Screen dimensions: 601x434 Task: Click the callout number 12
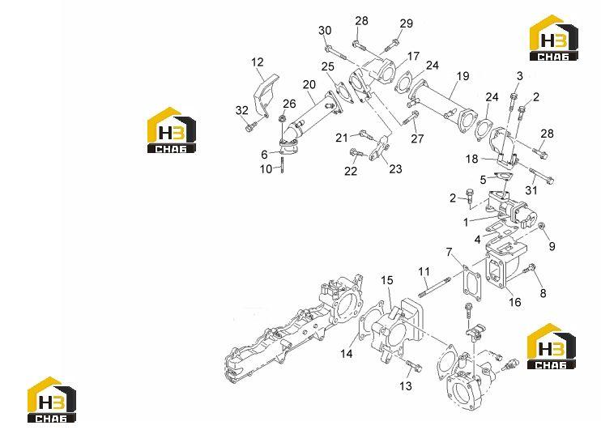[258, 62]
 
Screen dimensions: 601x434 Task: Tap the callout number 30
[325, 31]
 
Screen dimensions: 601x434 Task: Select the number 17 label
[413, 57]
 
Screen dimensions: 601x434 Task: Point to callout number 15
[387, 280]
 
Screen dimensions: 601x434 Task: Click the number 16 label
[515, 302]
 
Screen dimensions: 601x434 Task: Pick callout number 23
[395, 169]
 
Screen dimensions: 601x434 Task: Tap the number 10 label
[266, 169]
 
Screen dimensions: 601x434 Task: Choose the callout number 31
[531, 189]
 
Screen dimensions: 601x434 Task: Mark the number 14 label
[347, 354]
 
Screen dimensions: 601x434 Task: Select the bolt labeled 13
[413, 365]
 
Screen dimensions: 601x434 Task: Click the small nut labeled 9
[542, 227]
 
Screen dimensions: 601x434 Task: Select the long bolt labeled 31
[541, 175]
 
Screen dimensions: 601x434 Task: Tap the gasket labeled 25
[344, 92]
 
